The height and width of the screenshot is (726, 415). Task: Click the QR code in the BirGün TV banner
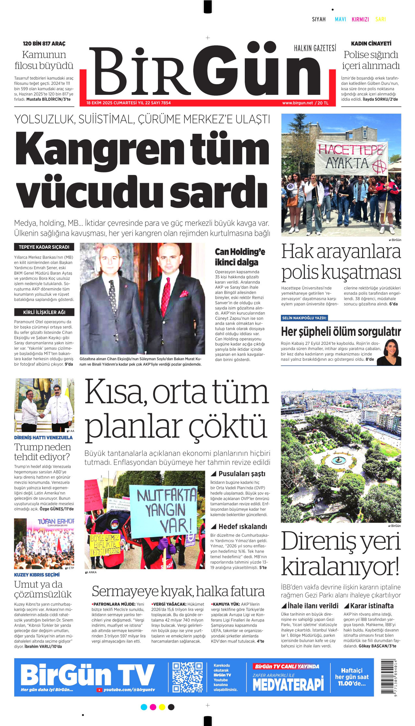(187, 677)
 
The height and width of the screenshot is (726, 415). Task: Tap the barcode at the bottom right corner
(389, 677)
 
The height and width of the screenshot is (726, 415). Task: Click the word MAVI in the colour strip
(340, 19)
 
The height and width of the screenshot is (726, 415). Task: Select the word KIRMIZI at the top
(360, 19)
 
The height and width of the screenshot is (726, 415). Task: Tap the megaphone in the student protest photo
(291, 187)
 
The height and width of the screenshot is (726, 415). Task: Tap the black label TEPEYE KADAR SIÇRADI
(44, 247)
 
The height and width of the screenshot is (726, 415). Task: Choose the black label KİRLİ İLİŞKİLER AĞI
(44, 312)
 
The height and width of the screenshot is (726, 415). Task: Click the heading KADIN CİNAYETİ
(371, 44)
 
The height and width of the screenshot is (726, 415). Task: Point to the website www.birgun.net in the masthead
(297, 103)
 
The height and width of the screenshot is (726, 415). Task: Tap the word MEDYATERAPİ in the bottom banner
(288, 684)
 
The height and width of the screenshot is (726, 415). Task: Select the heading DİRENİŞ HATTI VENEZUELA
(43, 438)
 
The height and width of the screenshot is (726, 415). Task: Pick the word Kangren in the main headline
(99, 149)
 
